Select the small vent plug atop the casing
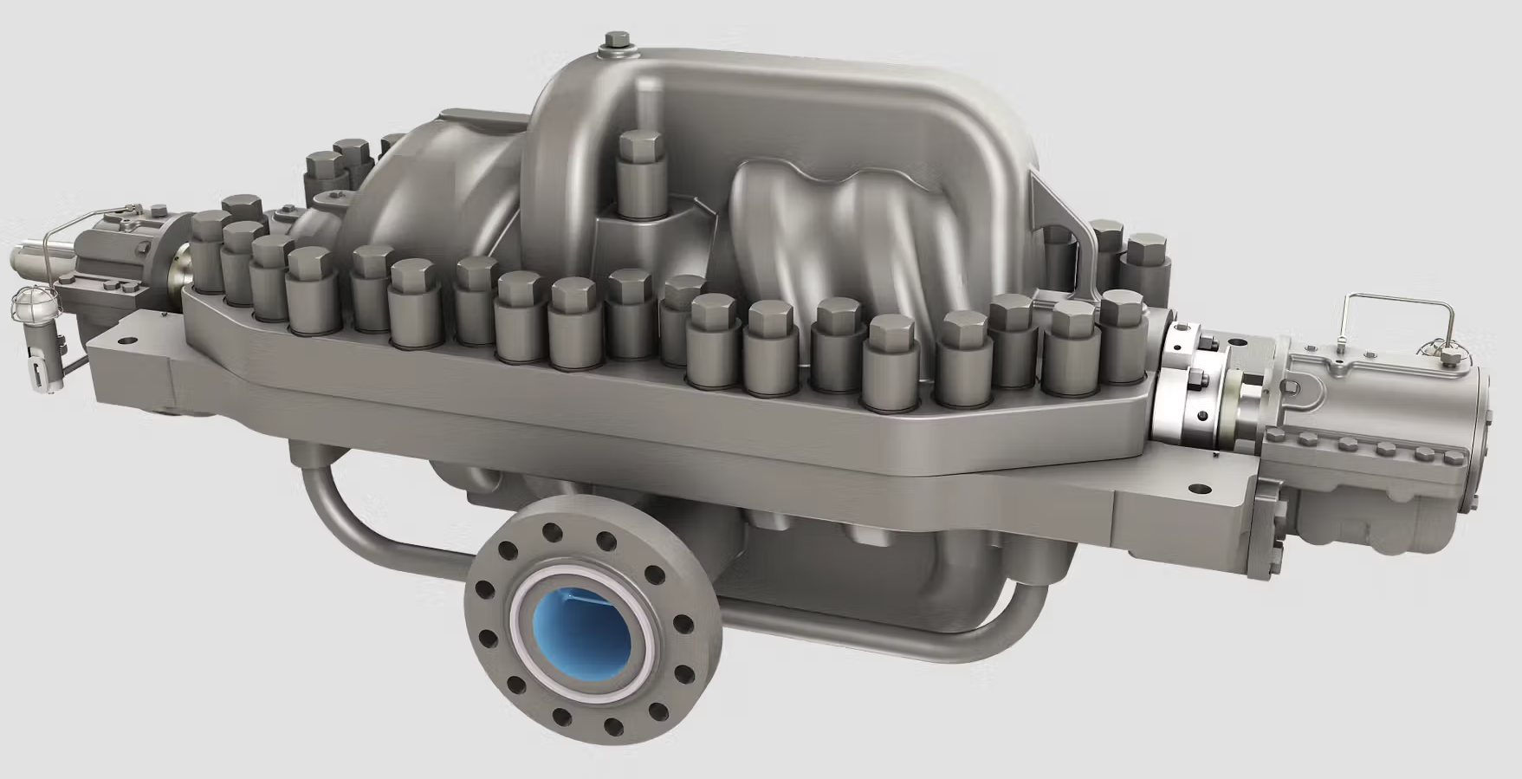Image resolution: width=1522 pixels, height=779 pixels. pyautogui.click(x=617, y=43)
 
